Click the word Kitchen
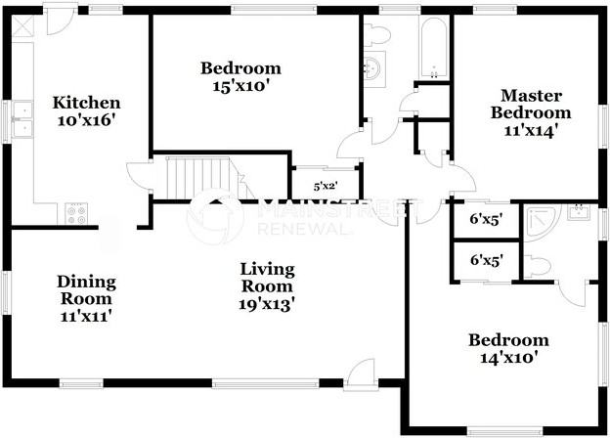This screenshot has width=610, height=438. pos(87,103)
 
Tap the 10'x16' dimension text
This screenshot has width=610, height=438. pos(87,120)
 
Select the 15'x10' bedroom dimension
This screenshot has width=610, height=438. pos(240,86)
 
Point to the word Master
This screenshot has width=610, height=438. pos(531,95)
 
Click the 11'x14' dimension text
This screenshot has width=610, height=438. pos(531,129)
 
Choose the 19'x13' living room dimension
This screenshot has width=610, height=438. pos(267,304)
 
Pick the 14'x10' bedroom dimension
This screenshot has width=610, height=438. pos(507,358)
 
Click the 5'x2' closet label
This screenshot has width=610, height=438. pos(325,186)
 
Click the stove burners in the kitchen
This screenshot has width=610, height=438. pos(75,211)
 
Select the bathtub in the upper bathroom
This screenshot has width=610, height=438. pos(431,47)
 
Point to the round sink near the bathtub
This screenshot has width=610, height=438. pos(372,68)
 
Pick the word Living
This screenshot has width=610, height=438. pos(267,270)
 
